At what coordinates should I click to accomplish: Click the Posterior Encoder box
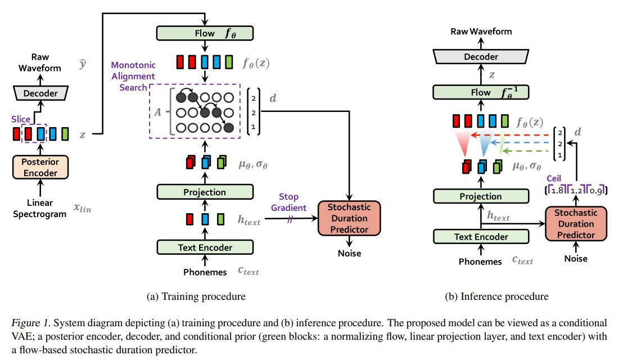click(40, 167)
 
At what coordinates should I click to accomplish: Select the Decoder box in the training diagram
click(40, 93)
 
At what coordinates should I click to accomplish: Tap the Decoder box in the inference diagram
click(481, 56)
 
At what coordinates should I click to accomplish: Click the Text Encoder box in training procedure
click(205, 247)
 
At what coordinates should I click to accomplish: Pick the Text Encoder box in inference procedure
click(481, 237)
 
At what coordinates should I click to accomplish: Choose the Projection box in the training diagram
click(205, 192)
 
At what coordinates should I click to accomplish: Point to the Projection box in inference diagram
click(481, 196)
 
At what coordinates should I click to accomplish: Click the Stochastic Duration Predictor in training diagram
click(349, 218)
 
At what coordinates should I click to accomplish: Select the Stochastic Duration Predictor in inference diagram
click(575, 224)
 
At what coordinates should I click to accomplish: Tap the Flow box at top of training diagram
click(205, 33)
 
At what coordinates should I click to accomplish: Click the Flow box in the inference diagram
click(481, 92)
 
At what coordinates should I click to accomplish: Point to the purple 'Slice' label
click(21, 119)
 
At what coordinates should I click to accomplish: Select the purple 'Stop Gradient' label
click(289, 202)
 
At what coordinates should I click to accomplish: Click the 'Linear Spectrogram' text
click(40, 208)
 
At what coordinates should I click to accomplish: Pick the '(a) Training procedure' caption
click(196, 296)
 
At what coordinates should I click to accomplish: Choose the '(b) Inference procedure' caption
click(496, 296)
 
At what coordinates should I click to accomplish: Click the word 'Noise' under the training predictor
click(349, 253)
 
